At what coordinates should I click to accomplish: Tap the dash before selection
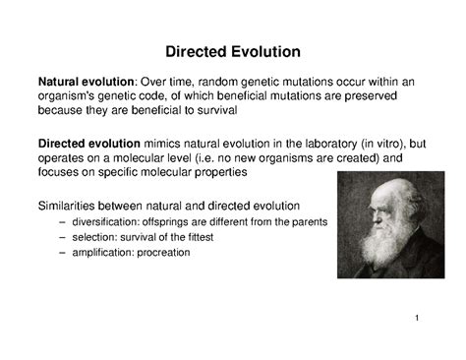(65, 237)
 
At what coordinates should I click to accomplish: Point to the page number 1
(418, 318)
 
